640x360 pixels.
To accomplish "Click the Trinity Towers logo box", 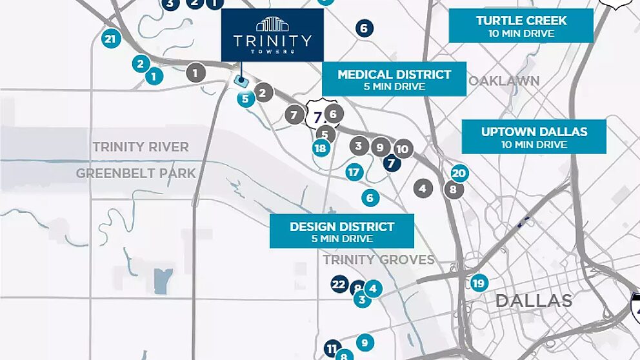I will pos(272,35).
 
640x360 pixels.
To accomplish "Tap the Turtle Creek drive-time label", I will pos(521,26).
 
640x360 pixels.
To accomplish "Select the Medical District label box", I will pos(394,79).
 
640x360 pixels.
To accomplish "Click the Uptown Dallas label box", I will pos(534,137).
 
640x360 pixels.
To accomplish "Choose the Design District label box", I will pos(341,232).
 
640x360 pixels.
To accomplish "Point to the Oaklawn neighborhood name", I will pos(504,81).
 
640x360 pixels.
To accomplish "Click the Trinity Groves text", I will pos(378,259).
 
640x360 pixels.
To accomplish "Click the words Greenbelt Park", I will pos(135,173).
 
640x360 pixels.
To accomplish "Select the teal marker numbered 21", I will pos(111,39).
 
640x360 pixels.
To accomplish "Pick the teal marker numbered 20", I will pos(459,173).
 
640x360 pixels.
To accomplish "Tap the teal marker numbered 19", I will pos(478,283).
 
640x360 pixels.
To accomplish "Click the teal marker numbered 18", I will pos(321,148).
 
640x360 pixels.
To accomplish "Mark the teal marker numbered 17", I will pos(354,172).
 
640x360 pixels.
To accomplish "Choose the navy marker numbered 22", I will pos(339,284).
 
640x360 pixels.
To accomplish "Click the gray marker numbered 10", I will pos(403,150).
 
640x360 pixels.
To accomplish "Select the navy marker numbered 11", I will pos(332,349).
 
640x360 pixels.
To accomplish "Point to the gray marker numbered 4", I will pos(423,188).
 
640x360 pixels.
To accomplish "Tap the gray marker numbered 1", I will pos(195,73).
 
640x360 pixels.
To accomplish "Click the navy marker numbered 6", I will pos(364,28).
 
